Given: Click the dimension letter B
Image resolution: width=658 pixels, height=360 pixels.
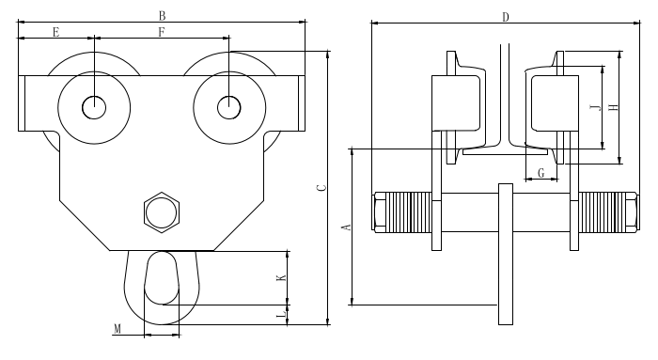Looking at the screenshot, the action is [x=162, y=16].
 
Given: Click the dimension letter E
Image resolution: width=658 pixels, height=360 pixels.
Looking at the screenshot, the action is [x=55, y=32].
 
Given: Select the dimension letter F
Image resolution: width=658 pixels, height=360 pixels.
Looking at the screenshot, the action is [x=162, y=32].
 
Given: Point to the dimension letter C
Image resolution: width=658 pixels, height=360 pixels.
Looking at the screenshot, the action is [x=321, y=188].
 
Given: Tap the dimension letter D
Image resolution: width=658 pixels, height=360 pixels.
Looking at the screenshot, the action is [x=506, y=17].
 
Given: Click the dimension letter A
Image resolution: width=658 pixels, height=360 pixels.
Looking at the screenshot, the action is [x=347, y=227].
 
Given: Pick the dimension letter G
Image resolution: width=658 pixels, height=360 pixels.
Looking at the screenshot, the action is [x=540, y=172].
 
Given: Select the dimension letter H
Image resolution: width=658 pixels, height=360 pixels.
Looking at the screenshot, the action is [x=614, y=107].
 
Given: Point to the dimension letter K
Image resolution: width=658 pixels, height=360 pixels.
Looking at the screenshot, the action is [x=281, y=278].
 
